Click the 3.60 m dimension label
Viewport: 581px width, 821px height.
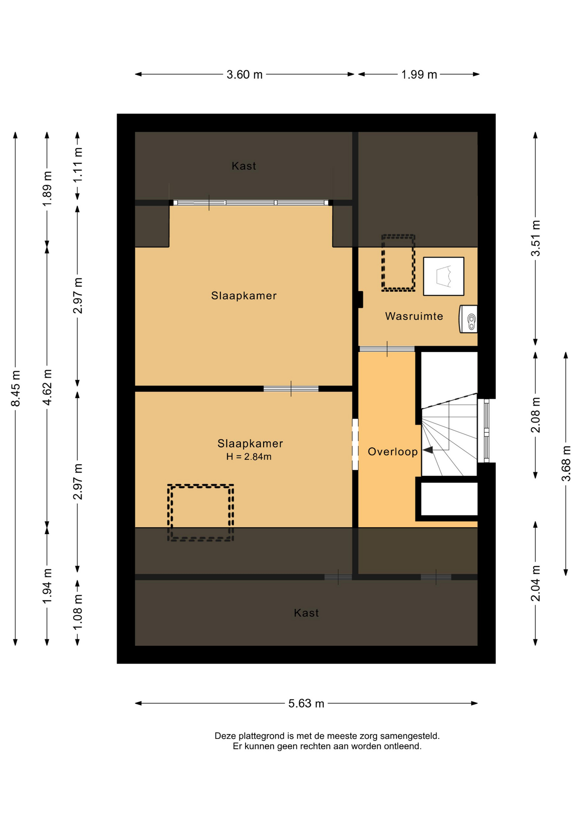(x=244, y=74)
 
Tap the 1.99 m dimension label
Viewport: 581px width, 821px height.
(x=419, y=74)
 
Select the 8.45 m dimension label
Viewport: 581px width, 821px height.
(x=15, y=388)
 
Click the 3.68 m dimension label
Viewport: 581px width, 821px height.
(x=566, y=463)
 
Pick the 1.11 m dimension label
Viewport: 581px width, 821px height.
(x=77, y=165)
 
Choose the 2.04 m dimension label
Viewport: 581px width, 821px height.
(x=536, y=583)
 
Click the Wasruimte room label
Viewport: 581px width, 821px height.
(x=414, y=316)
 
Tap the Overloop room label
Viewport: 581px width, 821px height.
(x=393, y=452)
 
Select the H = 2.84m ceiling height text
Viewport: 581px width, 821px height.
(x=249, y=457)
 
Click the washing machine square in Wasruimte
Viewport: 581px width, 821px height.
(x=444, y=276)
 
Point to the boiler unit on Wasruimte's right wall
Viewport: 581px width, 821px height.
(x=468, y=319)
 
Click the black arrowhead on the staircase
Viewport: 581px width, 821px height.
(x=428, y=450)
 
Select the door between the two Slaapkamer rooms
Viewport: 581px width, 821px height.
(x=291, y=389)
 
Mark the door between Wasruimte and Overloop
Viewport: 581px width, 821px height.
(x=387, y=349)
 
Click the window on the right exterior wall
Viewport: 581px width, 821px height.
(x=486, y=431)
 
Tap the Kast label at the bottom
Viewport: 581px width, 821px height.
(x=306, y=613)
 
